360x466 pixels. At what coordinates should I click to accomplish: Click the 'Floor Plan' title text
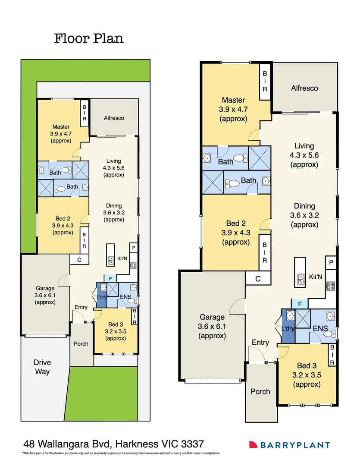pos(89,38)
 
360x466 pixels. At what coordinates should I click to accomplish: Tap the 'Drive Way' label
pos(42,366)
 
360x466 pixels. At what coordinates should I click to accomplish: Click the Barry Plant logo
pos(289,445)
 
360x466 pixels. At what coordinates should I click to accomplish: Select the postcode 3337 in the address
pos(189,444)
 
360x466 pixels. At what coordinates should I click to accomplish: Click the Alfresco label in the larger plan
pos(304,88)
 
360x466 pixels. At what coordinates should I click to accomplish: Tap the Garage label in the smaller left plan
pos(45,289)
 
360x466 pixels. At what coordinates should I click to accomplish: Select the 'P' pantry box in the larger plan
pos(331,263)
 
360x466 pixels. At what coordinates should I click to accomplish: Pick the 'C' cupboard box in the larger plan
pos(258,279)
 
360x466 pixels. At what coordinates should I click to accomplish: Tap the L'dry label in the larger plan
pos(288,329)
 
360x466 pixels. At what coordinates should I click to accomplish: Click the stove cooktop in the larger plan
pos(331,285)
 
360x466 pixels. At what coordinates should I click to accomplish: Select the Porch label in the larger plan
pos(260,391)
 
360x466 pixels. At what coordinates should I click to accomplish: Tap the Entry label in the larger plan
pos(260,342)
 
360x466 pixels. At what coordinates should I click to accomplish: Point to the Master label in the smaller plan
pos(61,127)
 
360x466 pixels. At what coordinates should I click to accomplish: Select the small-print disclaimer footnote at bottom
pos(121,453)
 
